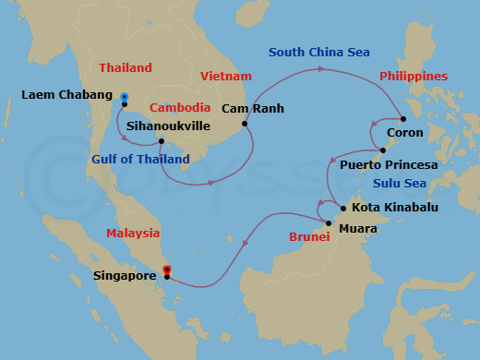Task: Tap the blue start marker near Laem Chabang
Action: tap(124, 95)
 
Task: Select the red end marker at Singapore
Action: tap(166, 270)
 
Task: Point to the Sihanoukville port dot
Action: tap(162, 141)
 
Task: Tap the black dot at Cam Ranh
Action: tap(245, 124)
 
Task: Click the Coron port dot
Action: tap(403, 118)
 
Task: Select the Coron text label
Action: tap(405, 133)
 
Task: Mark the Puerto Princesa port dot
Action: tap(383, 150)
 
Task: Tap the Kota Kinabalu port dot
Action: tap(342, 208)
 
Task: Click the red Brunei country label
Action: tap(309, 237)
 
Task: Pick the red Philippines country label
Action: tap(414, 76)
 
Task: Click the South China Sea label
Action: tap(318, 53)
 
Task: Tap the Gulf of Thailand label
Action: tap(140, 159)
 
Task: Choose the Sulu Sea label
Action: tap(398, 183)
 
